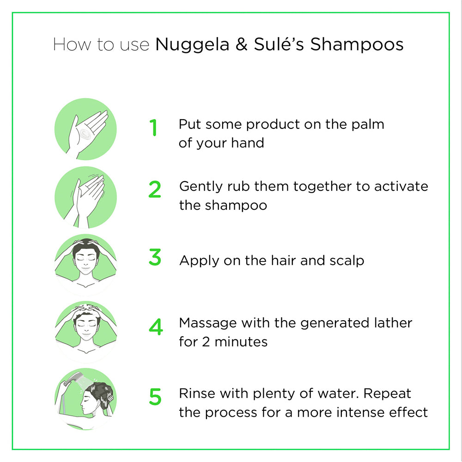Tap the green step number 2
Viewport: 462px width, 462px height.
155,190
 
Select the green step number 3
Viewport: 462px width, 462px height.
155,257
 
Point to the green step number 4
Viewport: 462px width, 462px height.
156,327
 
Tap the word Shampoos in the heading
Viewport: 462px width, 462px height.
357,45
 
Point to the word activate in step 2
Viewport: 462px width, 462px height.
401,186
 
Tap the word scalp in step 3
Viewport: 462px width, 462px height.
346,261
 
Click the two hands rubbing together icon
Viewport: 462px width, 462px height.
85,198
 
